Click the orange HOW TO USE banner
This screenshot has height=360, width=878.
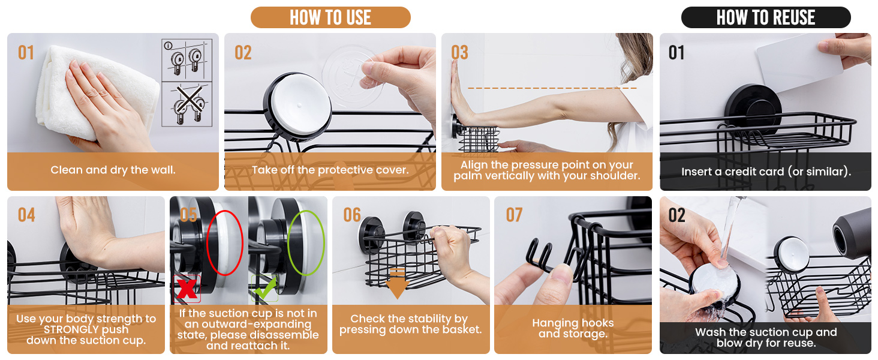[330, 17]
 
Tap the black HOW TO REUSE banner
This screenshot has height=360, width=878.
[765, 17]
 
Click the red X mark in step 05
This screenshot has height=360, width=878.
[186, 289]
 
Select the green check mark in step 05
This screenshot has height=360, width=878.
[265, 288]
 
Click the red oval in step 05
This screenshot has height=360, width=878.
[224, 243]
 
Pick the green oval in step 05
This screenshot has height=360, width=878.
[306, 243]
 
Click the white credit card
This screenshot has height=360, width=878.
[799, 63]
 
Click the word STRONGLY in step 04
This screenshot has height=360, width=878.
[86, 329]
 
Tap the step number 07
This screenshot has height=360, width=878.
[514, 215]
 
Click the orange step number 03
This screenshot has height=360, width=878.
[459, 52]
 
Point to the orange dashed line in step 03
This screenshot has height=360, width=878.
[552, 88]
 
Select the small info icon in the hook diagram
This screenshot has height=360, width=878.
[168, 46]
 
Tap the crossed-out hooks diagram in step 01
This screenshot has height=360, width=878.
[187, 104]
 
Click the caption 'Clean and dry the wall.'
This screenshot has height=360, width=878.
[113, 170]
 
